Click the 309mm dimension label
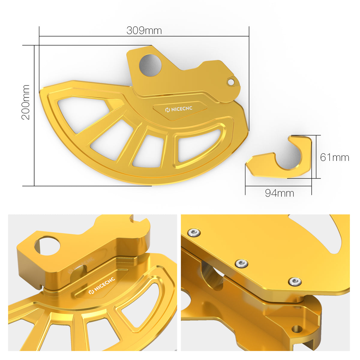(x=144, y=31)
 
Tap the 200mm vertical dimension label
(x=25, y=102)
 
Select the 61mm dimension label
(x=334, y=157)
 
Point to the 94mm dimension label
(x=280, y=193)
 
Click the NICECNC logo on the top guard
(x=179, y=109)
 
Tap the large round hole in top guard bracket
(x=150, y=65)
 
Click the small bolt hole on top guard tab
(x=231, y=82)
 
